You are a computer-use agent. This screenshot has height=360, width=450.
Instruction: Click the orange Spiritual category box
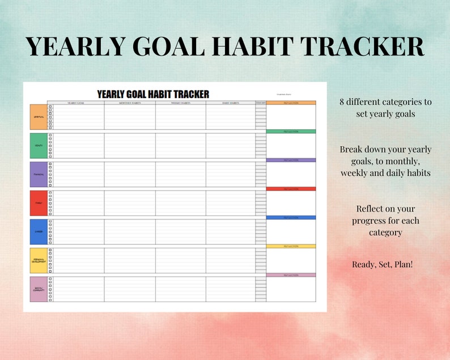pyautogui.click(x=38, y=117)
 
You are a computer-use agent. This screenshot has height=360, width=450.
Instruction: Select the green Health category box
pyautogui.click(x=38, y=146)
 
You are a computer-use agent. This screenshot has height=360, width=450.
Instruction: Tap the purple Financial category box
pyautogui.click(x=38, y=175)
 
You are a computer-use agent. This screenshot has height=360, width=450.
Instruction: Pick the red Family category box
pyautogui.click(x=38, y=203)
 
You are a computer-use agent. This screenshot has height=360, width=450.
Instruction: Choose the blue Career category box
pyautogui.click(x=38, y=232)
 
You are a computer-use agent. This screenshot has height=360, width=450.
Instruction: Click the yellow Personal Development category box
pyautogui.click(x=38, y=260)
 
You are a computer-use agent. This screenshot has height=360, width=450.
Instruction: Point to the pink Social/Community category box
pyautogui.click(x=38, y=289)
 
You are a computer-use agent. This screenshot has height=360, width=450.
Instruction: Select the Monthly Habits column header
pyautogui.click(x=130, y=103)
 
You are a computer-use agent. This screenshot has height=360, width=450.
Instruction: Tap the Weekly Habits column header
pyautogui.click(x=180, y=103)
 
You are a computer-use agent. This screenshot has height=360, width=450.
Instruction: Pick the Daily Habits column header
pyautogui.click(x=230, y=103)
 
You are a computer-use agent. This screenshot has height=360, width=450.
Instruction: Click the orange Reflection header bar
pyautogui.click(x=291, y=103)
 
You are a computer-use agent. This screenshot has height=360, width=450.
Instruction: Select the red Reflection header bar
pyautogui.click(x=291, y=189)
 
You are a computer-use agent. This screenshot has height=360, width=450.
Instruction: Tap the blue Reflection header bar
pyautogui.click(x=291, y=218)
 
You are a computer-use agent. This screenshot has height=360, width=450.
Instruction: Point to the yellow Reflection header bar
pyautogui.click(x=291, y=246)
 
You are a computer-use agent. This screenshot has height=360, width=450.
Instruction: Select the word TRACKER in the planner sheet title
pyautogui.click(x=189, y=94)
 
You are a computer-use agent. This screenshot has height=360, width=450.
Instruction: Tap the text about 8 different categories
pyautogui.click(x=385, y=108)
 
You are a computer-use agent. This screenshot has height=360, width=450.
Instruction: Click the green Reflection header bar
pyautogui.click(x=291, y=132)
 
